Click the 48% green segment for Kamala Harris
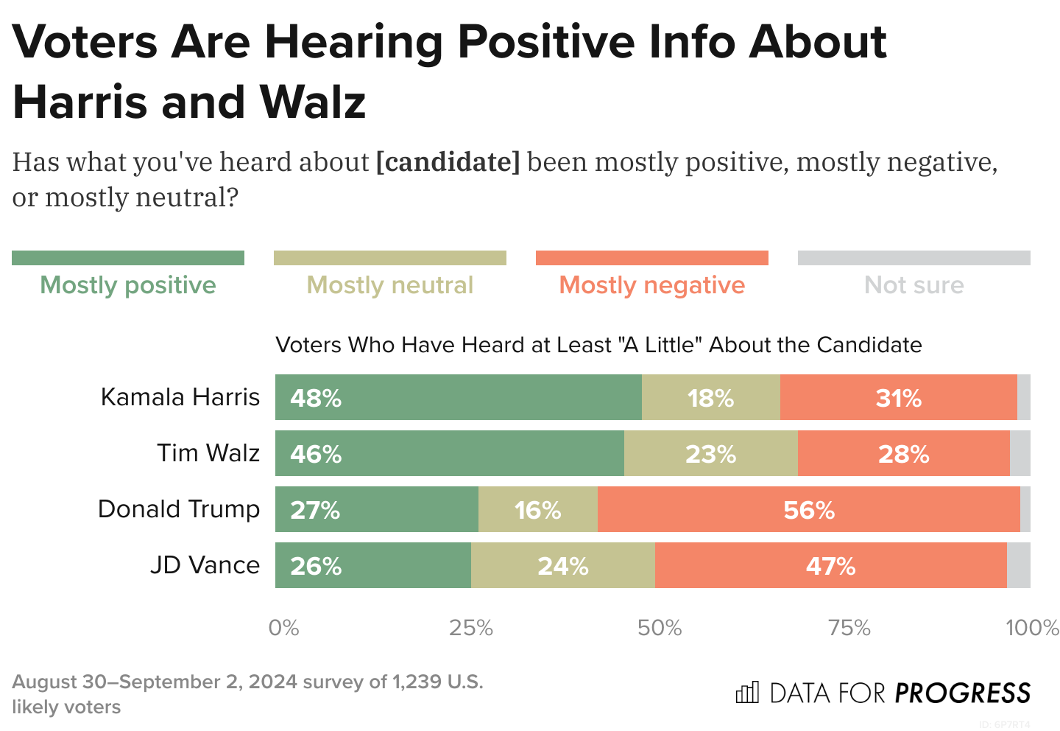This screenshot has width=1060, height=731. click(x=458, y=397)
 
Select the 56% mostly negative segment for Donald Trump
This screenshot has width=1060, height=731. click(x=808, y=509)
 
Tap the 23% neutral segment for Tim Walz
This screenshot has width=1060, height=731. click(x=710, y=453)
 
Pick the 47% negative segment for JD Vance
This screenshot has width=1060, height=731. click(x=830, y=565)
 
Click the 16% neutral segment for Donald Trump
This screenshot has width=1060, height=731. click(x=537, y=509)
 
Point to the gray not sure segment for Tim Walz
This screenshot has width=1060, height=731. click(x=1020, y=453)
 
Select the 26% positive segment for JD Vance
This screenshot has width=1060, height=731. click(x=372, y=565)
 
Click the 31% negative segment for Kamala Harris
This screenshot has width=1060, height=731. click(x=898, y=397)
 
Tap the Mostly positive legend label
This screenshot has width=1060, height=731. click(x=128, y=285)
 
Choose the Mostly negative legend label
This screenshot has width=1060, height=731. click(x=651, y=285)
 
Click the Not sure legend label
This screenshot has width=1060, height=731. click(x=914, y=285)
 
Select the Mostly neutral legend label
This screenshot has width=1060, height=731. click(x=389, y=285)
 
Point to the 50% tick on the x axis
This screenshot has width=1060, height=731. click(x=660, y=628)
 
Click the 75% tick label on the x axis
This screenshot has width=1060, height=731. click(x=849, y=628)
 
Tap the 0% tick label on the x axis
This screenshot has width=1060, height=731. click(x=283, y=628)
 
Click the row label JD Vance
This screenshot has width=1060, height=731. click(x=205, y=565)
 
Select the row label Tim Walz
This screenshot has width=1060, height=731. click(x=208, y=453)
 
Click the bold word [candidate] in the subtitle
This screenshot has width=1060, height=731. click(x=448, y=161)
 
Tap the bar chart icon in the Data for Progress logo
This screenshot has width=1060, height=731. click(x=747, y=693)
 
